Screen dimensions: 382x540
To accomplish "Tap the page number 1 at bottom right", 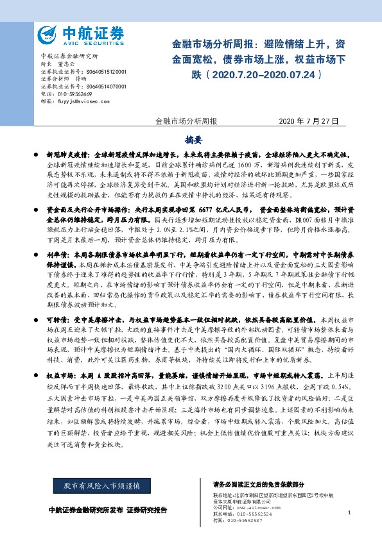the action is pyautogui.click(x=349, y=512).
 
